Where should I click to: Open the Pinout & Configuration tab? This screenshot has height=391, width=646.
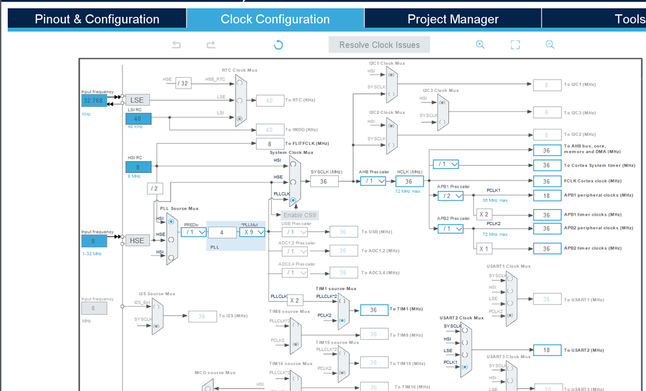click(97, 19)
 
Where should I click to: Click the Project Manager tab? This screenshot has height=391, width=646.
click(453, 19)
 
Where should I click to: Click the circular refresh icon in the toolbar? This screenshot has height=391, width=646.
click(278, 45)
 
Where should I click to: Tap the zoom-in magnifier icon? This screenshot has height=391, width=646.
click(480, 45)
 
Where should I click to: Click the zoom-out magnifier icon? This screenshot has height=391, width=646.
click(550, 45)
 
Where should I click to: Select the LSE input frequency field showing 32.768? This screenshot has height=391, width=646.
click(94, 100)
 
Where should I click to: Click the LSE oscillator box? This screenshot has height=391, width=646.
click(137, 100)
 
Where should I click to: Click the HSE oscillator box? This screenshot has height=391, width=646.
click(137, 241)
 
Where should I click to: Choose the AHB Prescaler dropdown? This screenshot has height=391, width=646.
click(373, 181)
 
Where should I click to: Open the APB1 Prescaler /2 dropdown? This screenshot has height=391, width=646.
click(450, 195)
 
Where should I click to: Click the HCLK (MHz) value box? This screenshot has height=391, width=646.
click(409, 181)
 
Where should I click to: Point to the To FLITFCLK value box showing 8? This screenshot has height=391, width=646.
click(270, 144)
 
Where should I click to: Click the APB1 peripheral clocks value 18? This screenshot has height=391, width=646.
click(546, 195)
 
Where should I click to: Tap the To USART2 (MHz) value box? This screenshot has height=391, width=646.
click(546, 350)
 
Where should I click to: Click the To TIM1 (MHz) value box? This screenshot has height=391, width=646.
click(373, 310)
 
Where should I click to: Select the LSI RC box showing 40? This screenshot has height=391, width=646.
click(138, 119)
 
